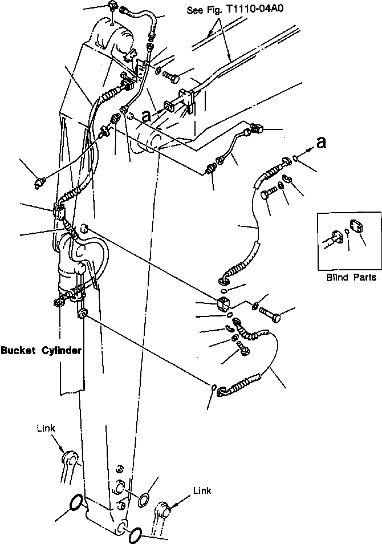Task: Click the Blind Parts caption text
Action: click(x=351, y=277)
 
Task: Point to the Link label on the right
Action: click(x=202, y=490)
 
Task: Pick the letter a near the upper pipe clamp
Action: click(x=147, y=116)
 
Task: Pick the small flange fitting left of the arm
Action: click(x=40, y=182)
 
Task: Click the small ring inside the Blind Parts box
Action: click(x=347, y=233)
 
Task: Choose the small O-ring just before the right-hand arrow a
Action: click(x=294, y=158)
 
